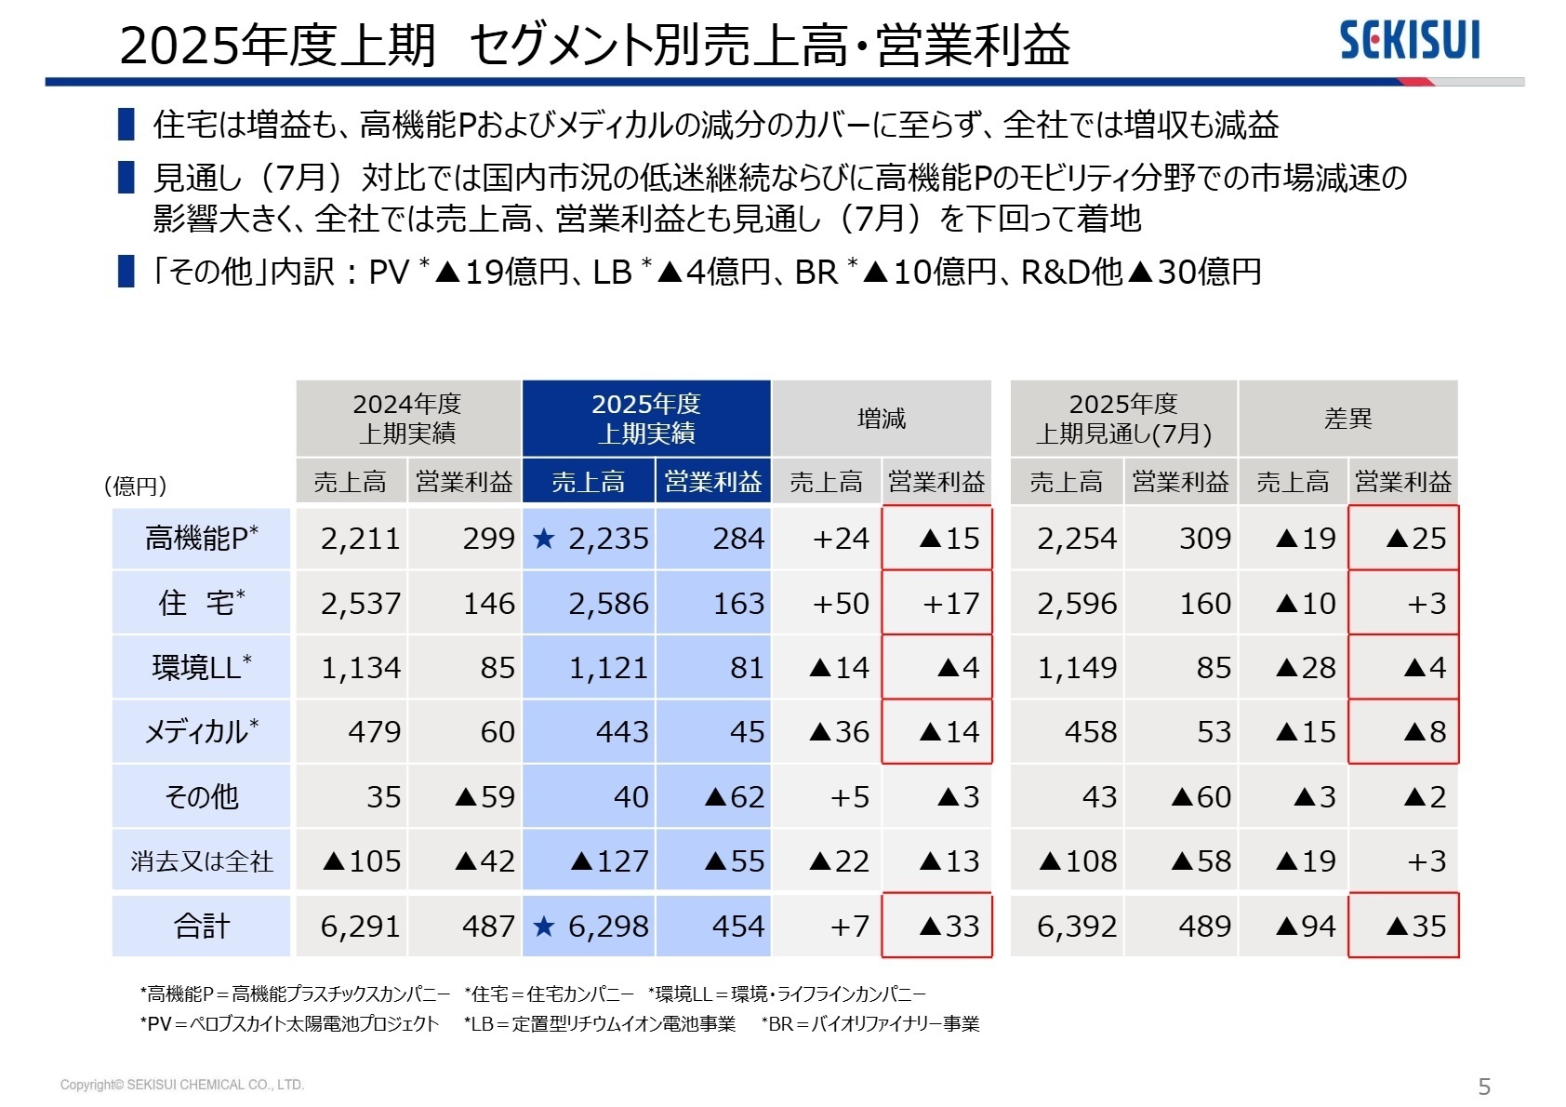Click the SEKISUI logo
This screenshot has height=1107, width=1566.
[1409, 41]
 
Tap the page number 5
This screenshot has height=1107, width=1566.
[1484, 1086]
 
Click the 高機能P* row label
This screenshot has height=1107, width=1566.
[201, 539]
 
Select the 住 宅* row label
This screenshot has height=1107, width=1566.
[201, 603]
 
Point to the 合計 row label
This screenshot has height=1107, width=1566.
[201, 927]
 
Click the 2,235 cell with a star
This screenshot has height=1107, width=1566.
[591, 539]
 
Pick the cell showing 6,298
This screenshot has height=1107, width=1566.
[591, 927]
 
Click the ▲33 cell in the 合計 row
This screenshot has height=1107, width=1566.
[937, 927]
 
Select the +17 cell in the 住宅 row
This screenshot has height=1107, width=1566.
[937, 604]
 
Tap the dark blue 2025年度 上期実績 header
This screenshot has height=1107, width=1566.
[646, 419]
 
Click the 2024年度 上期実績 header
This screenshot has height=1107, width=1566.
[407, 419]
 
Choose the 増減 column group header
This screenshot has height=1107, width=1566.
[882, 419]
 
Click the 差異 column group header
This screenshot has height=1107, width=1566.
[1347, 419]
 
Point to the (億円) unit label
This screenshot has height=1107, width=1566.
[136, 486]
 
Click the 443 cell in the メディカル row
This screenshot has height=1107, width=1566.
[591, 732]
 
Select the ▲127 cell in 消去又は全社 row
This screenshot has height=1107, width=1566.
[591, 861]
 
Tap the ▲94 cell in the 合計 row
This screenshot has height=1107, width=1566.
[1294, 927]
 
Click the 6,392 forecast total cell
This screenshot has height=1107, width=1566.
[1068, 927]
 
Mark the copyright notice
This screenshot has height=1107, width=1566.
[182, 1085]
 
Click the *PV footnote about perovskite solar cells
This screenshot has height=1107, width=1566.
[289, 1024]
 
